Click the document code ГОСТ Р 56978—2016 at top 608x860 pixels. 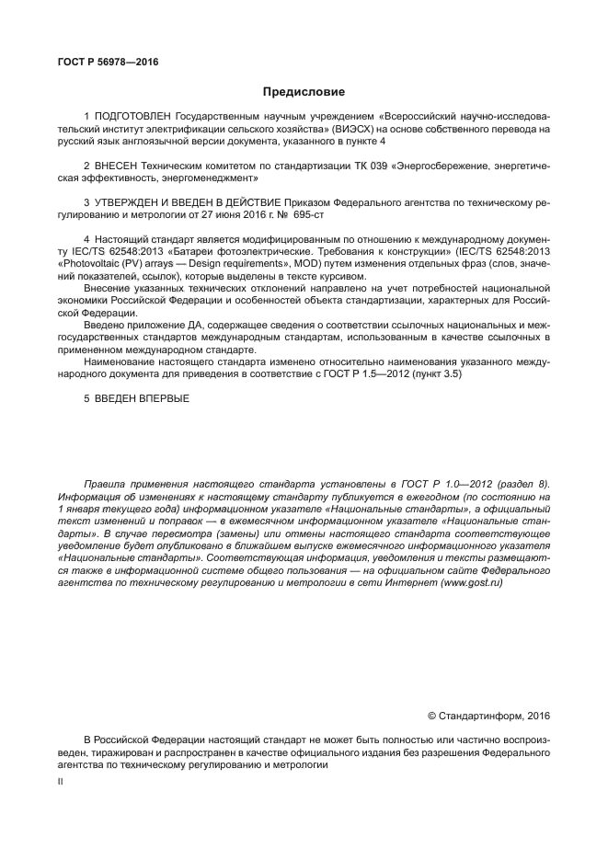pyautogui.click(x=107, y=62)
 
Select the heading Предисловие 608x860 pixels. pyautogui.click(x=304, y=92)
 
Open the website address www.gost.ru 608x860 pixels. pyautogui.click(x=477, y=582)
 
